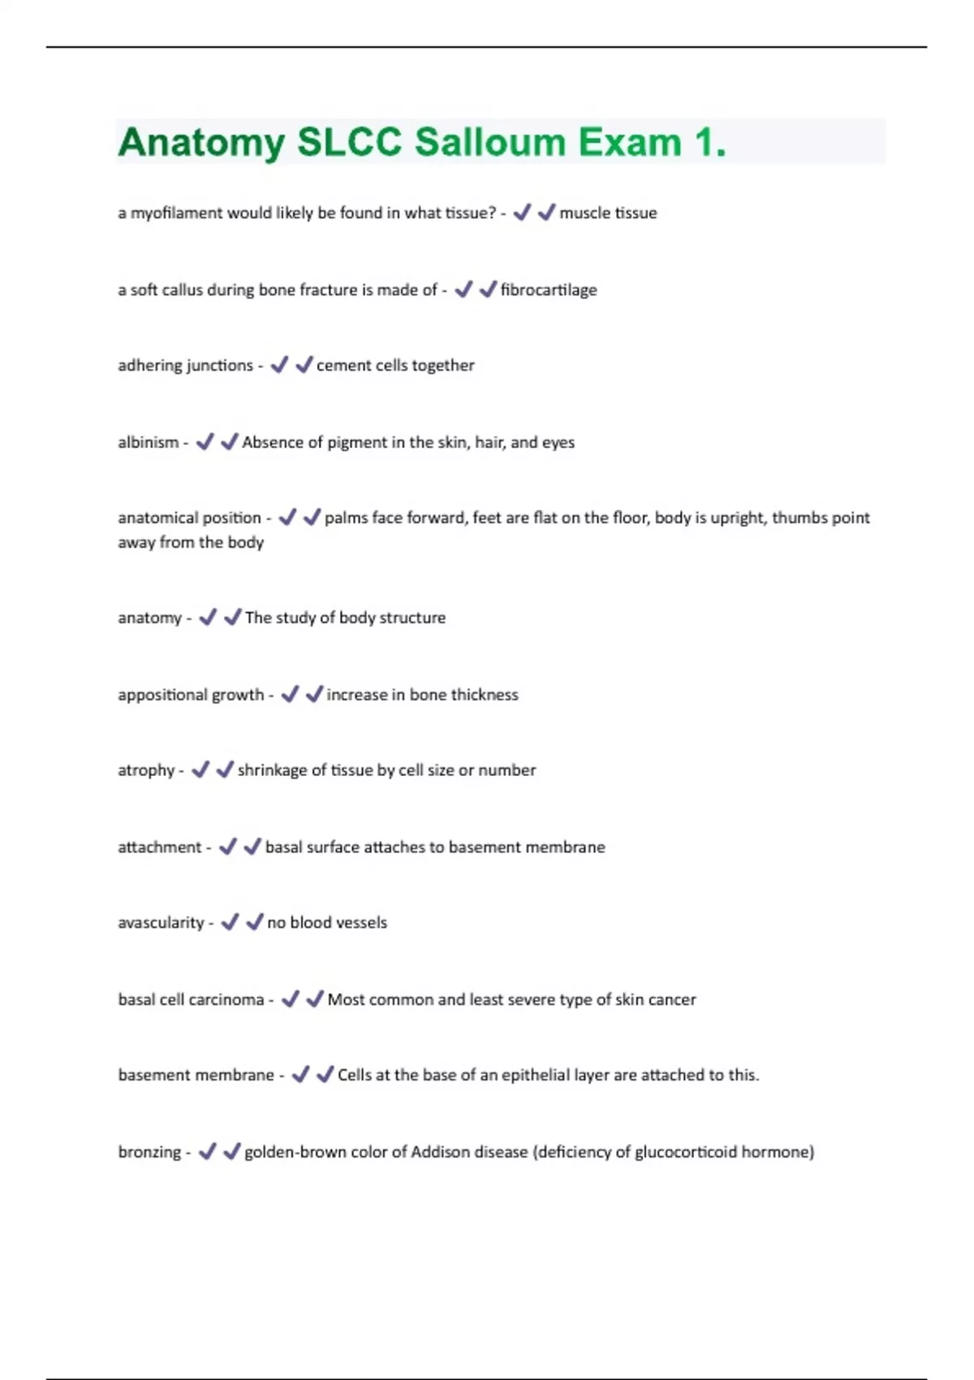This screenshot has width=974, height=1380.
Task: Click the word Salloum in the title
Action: pyautogui.click(x=489, y=143)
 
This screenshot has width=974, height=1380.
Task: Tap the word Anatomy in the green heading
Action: pyautogui.click(x=200, y=143)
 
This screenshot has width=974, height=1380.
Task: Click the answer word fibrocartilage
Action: pyautogui.click(x=549, y=290)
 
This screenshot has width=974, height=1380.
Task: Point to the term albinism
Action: pyautogui.click(x=148, y=442)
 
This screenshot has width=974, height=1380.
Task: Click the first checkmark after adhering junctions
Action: pyautogui.click(x=279, y=365)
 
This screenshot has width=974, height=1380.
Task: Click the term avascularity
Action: pyautogui.click(x=161, y=923)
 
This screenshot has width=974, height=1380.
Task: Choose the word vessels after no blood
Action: pyautogui.click(x=361, y=923)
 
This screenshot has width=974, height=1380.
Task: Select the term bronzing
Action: pyautogui.click(x=149, y=1152)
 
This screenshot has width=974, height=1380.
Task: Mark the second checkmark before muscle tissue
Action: pyautogui.click(x=546, y=213)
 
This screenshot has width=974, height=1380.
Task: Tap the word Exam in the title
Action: pyautogui.click(x=630, y=143)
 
